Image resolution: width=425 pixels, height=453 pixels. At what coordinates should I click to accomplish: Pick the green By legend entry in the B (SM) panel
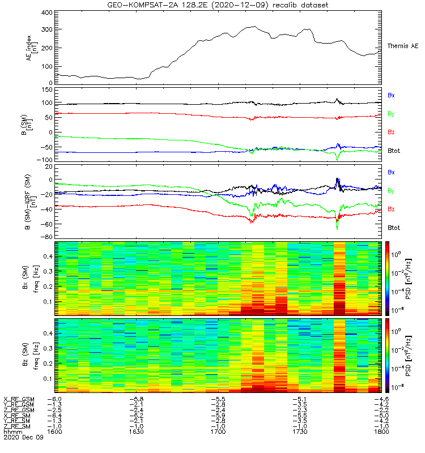[x=391, y=114]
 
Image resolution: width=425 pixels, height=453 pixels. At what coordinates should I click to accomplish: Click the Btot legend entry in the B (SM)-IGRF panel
[x=393, y=228]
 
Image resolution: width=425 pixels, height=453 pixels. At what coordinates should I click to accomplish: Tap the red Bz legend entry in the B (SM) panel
[x=391, y=133]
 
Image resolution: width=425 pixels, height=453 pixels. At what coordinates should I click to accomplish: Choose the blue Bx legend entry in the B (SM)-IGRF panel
[x=391, y=172]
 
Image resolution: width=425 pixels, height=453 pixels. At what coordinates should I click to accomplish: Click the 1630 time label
[x=137, y=431]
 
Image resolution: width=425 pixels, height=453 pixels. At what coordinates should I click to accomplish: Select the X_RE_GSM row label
[x=19, y=399]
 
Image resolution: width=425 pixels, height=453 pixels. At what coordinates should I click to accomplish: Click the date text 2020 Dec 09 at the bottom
[x=19, y=438]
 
